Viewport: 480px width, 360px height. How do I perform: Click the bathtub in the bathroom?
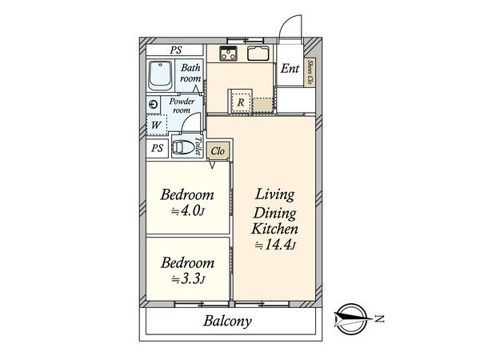tap(161, 76)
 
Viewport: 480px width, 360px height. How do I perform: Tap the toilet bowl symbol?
tap(183, 147)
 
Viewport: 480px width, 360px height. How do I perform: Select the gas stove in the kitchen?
tap(228, 54)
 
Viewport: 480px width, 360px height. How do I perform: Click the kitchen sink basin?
tap(258, 54)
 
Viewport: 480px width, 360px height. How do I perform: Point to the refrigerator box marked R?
tap(241, 102)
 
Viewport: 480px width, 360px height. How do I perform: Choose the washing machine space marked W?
tap(157, 125)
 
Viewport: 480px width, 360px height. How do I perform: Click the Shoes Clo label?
tap(310, 72)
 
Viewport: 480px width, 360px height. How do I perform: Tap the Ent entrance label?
tap(290, 68)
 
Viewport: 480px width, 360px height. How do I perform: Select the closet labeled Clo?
tap(218, 151)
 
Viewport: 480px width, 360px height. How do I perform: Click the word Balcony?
tap(227, 321)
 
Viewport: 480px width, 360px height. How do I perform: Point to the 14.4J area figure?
tap(275, 246)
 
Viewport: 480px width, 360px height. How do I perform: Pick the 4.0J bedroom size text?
tap(187, 211)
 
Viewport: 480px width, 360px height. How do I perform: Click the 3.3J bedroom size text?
tap(188, 279)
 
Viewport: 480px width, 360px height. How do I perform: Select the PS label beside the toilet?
tap(157, 149)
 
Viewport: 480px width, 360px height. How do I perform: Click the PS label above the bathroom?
tap(176, 50)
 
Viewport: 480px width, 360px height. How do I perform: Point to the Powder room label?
tap(182, 106)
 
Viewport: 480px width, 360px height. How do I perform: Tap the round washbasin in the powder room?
tap(153, 105)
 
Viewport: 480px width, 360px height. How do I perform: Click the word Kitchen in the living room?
tap(274, 230)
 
